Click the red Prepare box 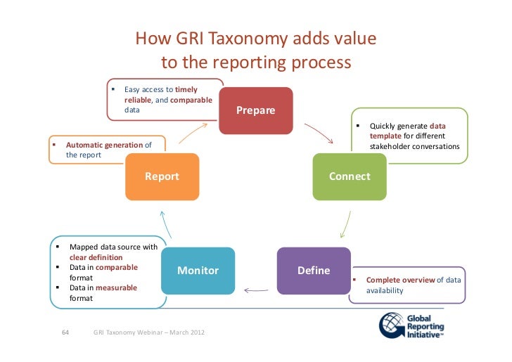click(x=256, y=110)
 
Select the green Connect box click(x=350, y=176)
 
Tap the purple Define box click(x=314, y=271)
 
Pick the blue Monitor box click(x=198, y=271)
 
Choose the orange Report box click(x=162, y=176)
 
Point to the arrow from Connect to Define click(x=344, y=224)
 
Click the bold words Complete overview click(x=399, y=280)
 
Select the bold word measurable click(x=116, y=287)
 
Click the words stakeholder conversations click(x=414, y=146)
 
